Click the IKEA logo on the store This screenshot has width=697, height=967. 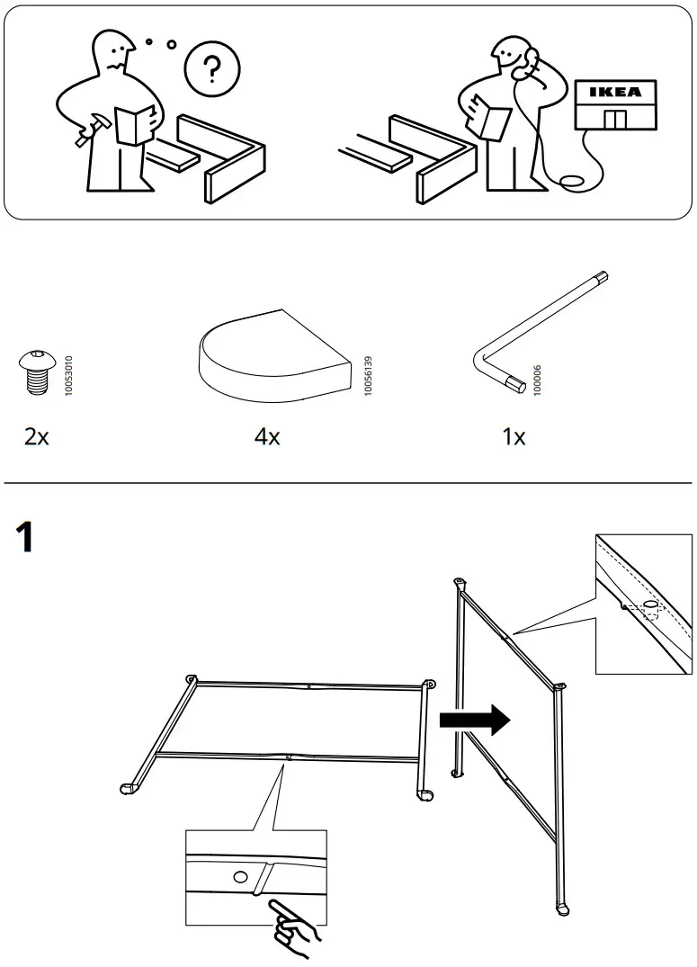[615, 92]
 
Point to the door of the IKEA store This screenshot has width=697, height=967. [615, 120]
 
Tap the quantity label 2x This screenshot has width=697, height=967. [37, 437]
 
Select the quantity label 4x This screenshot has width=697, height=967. [267, 437]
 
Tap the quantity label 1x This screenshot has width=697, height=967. [514, 437]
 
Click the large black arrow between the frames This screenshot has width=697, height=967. [474, 721]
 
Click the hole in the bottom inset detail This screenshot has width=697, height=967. [239, 877]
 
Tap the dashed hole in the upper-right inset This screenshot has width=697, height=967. [649, 605]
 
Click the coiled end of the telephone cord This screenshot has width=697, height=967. [570, 185]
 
